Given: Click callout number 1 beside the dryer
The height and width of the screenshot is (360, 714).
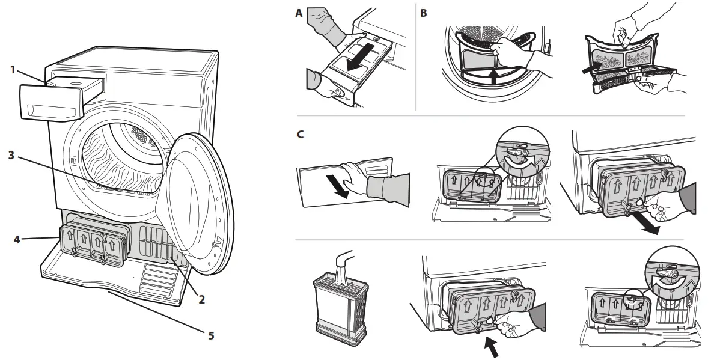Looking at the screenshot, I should click(x=12, y=69).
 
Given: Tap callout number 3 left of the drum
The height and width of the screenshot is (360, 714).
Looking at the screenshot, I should click(x=11, y=154).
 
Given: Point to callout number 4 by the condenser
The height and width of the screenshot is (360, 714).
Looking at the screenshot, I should click(x=18, y=239).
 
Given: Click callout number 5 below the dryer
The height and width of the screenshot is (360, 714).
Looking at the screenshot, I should click(x=210, y=335).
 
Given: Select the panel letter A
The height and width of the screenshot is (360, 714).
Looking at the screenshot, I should click(x=299, y=13).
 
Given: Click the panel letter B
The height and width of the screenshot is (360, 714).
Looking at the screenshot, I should click(x=424, y=13).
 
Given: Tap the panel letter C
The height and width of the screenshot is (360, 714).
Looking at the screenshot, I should click(x=300, y=134).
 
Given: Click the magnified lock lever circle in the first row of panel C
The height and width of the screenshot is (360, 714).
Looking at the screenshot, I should click(x=518, y=151).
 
